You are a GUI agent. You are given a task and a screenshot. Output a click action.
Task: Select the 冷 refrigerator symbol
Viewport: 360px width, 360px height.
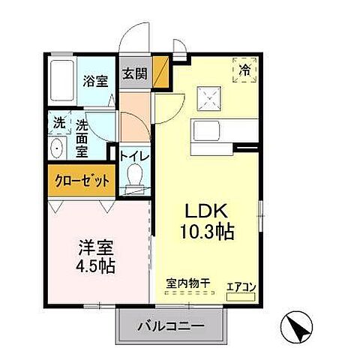tap(245, 70)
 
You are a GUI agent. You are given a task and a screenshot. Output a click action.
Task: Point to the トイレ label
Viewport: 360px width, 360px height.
tap(136, 157)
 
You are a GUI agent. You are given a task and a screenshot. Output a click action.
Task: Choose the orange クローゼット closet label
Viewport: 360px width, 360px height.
tap(80, 181)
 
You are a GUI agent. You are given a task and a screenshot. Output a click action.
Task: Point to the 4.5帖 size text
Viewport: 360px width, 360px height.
tap(95, 266)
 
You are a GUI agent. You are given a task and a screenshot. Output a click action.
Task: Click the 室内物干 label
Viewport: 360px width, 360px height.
tap(188, 284)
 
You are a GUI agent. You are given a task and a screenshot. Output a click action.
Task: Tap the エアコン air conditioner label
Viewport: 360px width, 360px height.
tap(240, 284)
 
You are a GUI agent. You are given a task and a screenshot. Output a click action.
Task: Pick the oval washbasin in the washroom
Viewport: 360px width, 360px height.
tap(57, 148)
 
